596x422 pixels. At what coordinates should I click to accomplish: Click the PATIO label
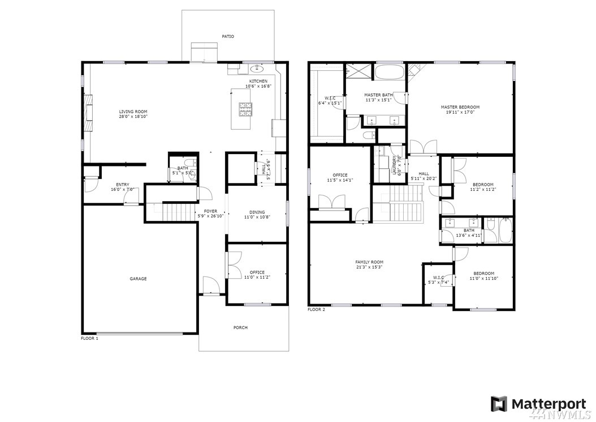[x=228, y=37]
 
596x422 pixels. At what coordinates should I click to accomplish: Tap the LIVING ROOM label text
[x=133, y=112]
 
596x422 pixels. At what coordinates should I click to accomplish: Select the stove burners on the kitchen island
[x=245, y=109]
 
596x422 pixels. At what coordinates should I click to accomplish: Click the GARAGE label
[x=138, y=279]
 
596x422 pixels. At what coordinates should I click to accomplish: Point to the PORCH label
[x=240, y=327]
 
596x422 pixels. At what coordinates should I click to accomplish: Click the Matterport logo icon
[x=499, y=404]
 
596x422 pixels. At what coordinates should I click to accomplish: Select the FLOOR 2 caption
[x=316, y=310]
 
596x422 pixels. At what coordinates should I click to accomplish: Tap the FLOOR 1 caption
[x=90, y=338]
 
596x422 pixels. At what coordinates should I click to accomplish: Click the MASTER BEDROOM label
[x=460, y=107]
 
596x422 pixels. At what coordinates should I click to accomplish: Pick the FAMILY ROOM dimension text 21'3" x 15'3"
[x=369, y=267]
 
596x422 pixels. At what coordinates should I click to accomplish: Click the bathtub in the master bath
[x=390, y=71]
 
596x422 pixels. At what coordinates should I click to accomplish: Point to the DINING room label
[x=257, y=212]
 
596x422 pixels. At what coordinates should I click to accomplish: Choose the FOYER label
[x=210, y=211]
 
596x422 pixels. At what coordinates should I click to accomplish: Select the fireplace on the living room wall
[x=88, y=113]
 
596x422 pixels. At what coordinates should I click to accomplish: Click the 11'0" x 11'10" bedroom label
[x=483, y=279]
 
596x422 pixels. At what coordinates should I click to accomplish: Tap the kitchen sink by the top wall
[x=258, y=69]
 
